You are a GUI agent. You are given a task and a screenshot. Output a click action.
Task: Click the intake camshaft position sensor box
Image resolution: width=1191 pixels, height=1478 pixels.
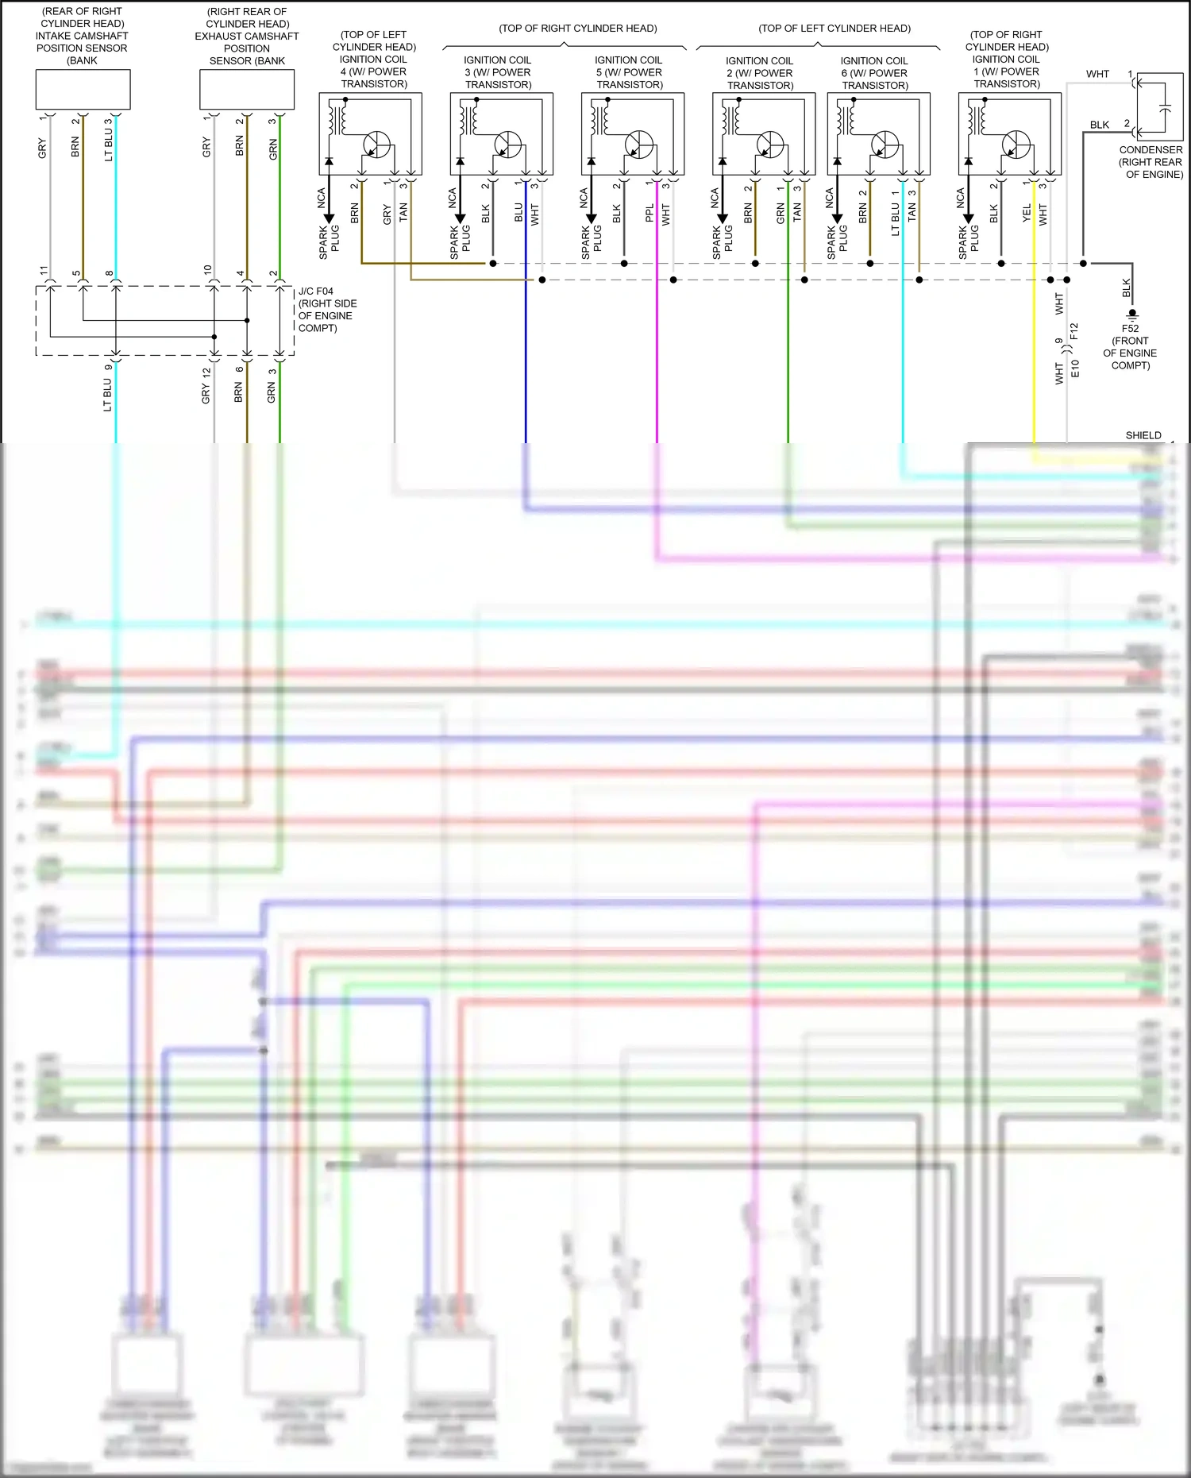(83, 89)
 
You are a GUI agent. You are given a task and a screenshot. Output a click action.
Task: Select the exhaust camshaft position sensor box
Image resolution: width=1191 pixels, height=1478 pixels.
(246, 90)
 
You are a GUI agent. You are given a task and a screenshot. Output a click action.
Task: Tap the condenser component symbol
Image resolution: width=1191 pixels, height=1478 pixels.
(1160, 106)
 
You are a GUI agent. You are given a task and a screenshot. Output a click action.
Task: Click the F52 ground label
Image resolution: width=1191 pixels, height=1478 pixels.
(1130, 328)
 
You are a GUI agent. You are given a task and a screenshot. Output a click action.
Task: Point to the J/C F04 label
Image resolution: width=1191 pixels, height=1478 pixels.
(316, 291)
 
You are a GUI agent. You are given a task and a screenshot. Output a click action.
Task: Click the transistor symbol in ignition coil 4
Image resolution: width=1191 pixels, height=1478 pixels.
(377, 145)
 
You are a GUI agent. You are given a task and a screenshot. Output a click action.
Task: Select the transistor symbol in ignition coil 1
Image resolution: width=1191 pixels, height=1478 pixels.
(1016, 145)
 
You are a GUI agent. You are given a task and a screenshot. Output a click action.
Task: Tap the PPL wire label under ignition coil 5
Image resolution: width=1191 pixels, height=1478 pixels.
(649, 213)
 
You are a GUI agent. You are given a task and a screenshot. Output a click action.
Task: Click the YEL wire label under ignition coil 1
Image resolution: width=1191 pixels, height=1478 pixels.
(1027, 212)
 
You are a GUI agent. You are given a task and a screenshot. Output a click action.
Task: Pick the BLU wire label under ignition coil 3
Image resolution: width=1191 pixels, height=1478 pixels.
(518, 213)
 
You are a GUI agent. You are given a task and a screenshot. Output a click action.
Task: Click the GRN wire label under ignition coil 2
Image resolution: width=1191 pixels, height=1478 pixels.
(781, 213)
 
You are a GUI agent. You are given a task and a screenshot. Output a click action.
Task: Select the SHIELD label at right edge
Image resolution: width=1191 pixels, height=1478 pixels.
(1143, 435)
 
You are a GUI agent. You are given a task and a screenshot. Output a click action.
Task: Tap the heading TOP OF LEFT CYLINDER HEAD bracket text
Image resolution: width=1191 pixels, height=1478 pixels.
(834, 29)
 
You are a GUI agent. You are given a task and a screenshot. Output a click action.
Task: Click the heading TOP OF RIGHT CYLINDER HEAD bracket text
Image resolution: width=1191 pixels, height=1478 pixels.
(578, 29)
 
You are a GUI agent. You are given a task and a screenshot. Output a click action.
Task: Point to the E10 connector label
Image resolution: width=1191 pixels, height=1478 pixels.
(1075, 368)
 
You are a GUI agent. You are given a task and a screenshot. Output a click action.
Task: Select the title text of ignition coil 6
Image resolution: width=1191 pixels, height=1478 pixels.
(874, 73)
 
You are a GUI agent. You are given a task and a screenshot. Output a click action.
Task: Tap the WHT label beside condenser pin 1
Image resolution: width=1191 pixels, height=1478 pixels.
(1097, 74)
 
